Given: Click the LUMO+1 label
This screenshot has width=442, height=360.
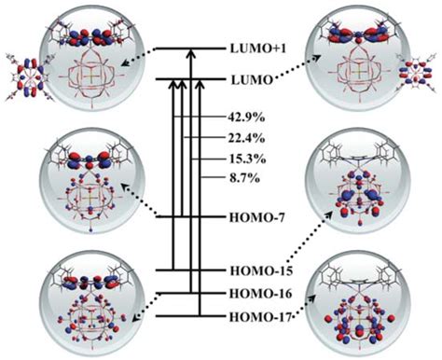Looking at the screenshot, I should click(x=255, y=46).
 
